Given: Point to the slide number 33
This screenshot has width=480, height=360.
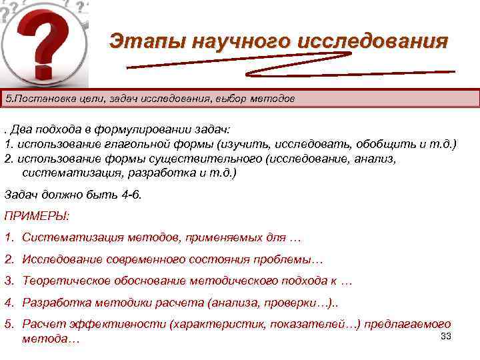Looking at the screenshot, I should tap(446, 336).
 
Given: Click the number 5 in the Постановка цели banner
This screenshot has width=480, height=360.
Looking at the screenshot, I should tap(7, 99).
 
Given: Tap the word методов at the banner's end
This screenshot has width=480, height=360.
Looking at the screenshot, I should tap(272, 99).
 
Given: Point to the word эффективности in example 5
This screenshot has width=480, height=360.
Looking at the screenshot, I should tap(124, 325).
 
